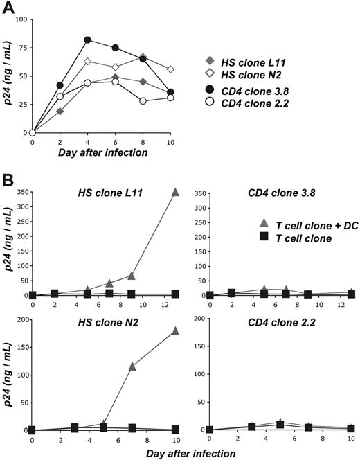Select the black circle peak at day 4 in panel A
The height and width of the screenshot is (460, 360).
coord(87,39)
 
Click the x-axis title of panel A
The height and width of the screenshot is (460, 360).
coord(89,152)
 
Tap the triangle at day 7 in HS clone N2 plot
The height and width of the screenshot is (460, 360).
coord(132,365)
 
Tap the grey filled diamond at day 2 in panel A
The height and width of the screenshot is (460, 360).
coord(60,111)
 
